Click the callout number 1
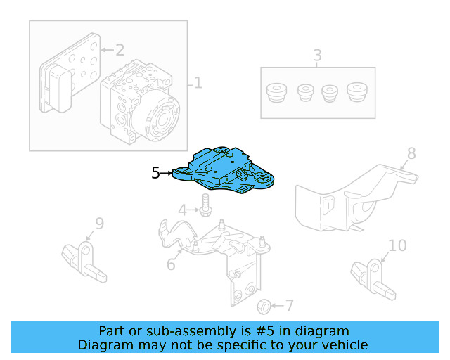[x=198, y=84]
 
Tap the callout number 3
[x=317, y=55]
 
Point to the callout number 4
[x=182, y=210]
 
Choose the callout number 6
[x=171, y=265]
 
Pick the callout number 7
[x=289, y=306]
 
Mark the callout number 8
[x=411, y=153]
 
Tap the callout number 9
[x=99, y=224]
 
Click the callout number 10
[x=397, y=245]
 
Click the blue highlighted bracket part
[x=225, y=171]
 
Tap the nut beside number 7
[x=264, y=306]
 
